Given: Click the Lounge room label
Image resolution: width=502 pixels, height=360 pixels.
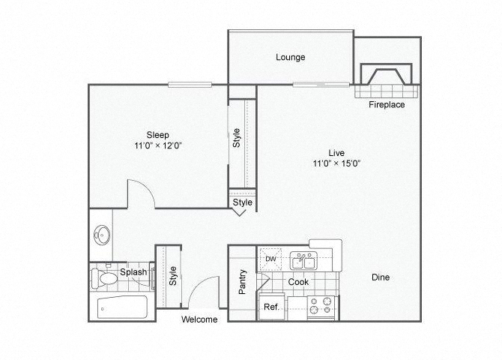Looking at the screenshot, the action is click(x=291, y=58).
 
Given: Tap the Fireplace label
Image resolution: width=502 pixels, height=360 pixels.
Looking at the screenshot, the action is click(x=387, y=104).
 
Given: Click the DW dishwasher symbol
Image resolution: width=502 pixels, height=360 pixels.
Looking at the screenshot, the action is click(x=270, y=259).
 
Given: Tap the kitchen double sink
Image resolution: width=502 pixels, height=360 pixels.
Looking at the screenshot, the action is click(x=303, y=260).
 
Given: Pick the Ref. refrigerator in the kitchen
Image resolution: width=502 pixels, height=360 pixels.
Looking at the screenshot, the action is click(x=271, y=307).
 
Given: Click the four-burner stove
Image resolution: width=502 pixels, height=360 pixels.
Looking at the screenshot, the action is click(x=321, y=307).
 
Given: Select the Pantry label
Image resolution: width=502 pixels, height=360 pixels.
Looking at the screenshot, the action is click(x=242, y=282).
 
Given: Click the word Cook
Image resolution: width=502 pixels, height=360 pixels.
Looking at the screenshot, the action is click(x=298, y=282).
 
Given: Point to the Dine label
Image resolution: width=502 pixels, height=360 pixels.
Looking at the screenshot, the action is click(x=381, y=277).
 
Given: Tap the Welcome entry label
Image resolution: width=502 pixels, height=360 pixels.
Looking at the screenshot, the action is click(x=199, y=319).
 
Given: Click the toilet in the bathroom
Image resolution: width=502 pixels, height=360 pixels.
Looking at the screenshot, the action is click(x=104, y=277).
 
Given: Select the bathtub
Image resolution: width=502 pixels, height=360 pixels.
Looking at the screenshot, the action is click(x=122, y=307).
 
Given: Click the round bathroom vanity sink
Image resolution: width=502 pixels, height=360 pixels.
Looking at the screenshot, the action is click(x=102, y=235).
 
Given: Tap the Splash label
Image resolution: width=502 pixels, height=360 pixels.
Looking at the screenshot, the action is click(x=133, y=272).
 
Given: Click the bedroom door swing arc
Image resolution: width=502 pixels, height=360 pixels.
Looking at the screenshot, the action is click(x=145, y=187).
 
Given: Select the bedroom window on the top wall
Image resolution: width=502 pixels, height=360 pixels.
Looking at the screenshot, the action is click(x=190, y=85).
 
